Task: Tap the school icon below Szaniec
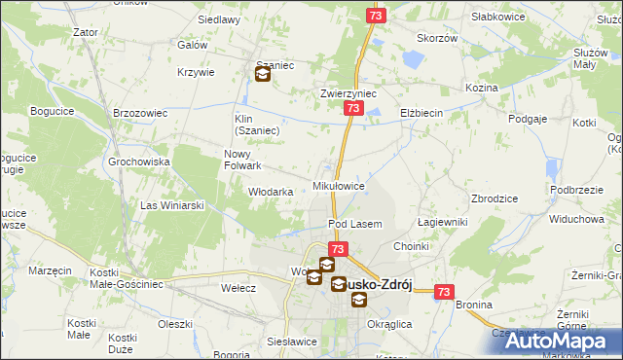point(262,74)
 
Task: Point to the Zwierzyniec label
point(348,94)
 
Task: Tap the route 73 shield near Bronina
point(445,292)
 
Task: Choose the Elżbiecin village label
point(421,113)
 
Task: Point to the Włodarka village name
point(272,192)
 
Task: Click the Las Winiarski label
point(172,205)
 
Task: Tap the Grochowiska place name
point(139,162)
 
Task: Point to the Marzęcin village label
point(51,270)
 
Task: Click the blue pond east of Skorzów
point(412,59)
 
